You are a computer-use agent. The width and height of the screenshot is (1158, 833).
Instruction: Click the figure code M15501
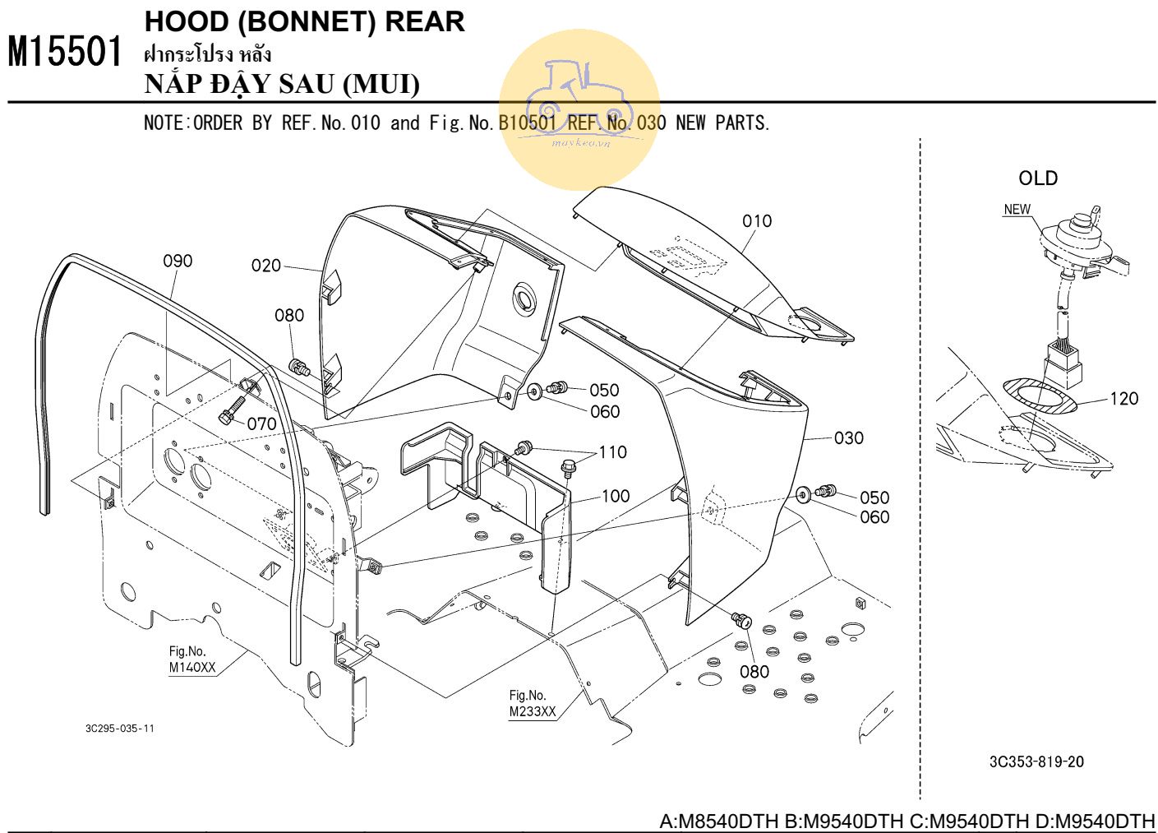click(x=65, y=52)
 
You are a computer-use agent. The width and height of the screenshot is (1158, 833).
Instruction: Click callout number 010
click(x=756, y=220)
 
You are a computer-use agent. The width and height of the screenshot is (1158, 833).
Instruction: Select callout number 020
click(x=265, y=266)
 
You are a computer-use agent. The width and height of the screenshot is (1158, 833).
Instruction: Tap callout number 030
click(x=848, y=438)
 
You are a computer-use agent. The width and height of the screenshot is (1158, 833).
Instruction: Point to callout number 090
click(x=178, y=261)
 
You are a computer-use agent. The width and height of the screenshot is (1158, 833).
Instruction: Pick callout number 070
click(x=261, y=424)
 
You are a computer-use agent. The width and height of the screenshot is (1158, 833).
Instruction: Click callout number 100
click(x=616, y=496)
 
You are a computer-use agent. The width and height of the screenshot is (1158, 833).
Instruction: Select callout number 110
click(x=612, y=452)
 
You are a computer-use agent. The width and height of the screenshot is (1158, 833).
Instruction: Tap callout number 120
click(x=1123, y=399)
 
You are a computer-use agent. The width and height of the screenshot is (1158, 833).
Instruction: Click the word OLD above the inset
click(x=1038, y=178)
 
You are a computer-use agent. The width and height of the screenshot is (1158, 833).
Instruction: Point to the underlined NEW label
click(x=1017, y=210)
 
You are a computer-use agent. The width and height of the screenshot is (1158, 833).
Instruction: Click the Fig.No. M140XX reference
click(x=192, y=659)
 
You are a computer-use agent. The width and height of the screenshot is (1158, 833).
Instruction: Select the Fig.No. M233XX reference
click(x=532, y=704)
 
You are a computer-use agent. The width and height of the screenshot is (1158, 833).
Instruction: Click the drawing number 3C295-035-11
click(x=119, y=729)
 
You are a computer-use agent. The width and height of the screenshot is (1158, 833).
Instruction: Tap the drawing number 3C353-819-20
click(x=1036, y=762)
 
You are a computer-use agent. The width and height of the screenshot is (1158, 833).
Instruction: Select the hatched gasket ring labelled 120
click(x=1039, y=396)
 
